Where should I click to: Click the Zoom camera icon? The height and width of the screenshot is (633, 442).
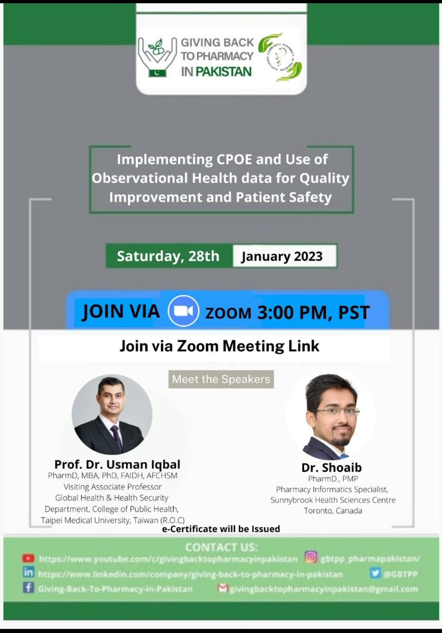coord(183,312)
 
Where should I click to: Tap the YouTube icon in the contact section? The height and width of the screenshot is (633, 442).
coord(28,558)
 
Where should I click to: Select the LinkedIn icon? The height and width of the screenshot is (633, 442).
coord(28,573)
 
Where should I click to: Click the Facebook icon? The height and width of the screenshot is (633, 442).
coord(28,588)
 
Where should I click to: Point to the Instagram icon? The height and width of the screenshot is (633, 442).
coord(311,558)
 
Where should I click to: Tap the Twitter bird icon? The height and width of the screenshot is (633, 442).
coord(375,573)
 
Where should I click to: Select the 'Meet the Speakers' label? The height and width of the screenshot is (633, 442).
coord(221,379)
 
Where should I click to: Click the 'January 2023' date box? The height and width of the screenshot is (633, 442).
coord(281,257)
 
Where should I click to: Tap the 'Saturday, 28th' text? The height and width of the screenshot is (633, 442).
coord(168,256)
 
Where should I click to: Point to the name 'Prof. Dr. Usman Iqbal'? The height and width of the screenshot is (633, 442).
coord(117,464)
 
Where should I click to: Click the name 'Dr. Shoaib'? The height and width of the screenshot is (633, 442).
coord(332,467)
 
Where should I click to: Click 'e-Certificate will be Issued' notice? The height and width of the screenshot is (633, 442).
coord(221,529)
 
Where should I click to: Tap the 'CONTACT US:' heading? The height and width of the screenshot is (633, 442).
coord(221,546)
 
